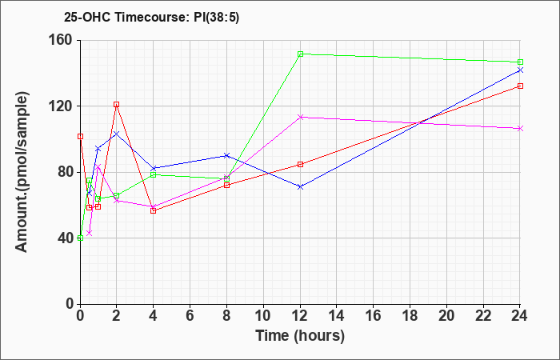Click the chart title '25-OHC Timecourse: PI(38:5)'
coord(151,18)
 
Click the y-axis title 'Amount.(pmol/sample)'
coord(22,172)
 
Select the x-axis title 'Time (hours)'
coord(300,336)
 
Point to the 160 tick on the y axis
coord(63,40)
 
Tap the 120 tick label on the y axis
coord(63,106)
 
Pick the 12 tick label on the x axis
coord(300,316)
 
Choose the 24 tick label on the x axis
coord(520,316)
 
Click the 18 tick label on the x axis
coord(410,316)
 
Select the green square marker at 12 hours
coord(300,54)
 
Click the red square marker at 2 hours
coord(117,104)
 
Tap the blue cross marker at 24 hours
coord(520,70)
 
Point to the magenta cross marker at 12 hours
coord(300,117)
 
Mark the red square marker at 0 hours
coord(80,137)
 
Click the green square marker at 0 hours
coord(80,238)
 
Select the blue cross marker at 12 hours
coord(300,186)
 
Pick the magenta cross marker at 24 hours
coord(520,129)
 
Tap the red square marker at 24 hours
coord(520,86)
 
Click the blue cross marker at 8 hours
coord(226,155)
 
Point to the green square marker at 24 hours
coord(520,62)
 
